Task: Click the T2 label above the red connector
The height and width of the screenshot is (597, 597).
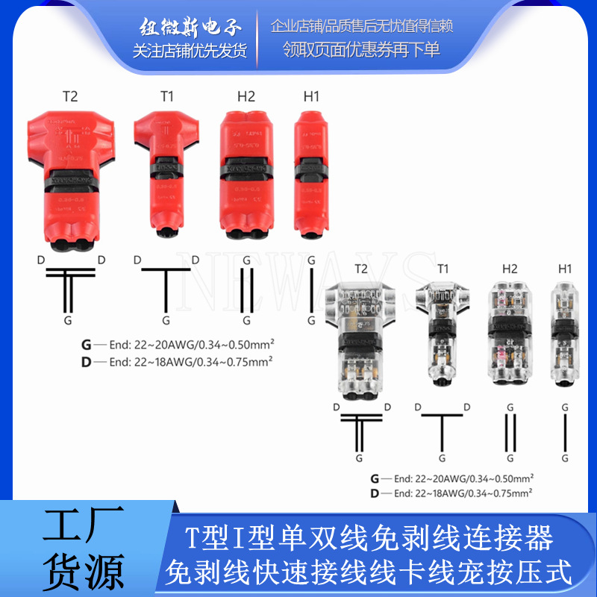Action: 69,96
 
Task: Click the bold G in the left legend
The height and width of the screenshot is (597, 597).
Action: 87,346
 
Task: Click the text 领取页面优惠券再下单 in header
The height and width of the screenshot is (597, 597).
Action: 361,49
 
